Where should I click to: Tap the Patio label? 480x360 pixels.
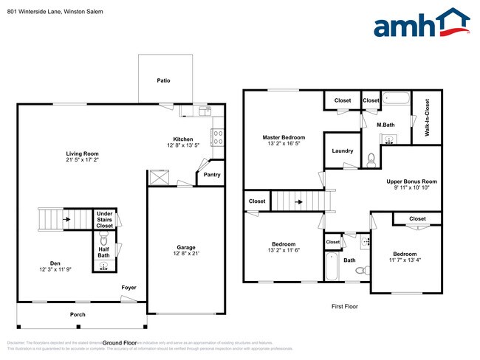tap(164, 80)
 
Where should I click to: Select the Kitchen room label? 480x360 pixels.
tap(183, 139)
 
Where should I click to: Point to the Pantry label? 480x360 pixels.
tap(212, 175)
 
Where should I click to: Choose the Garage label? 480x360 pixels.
tap(185, 247)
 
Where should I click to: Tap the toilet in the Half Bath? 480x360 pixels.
tap(104, 240)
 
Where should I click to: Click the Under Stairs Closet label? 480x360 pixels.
tap(105, 220)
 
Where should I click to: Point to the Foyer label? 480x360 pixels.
tap(129, 287)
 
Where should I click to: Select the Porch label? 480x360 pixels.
tap(78, 314)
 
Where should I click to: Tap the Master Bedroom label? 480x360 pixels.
tap(284, 137)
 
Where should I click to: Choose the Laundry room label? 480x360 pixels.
tap(343, 150)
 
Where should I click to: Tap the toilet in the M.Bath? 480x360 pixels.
tap(371, 156)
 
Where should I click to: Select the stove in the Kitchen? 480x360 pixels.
tap(219, 136)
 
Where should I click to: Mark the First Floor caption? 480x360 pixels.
tap(343, 305)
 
